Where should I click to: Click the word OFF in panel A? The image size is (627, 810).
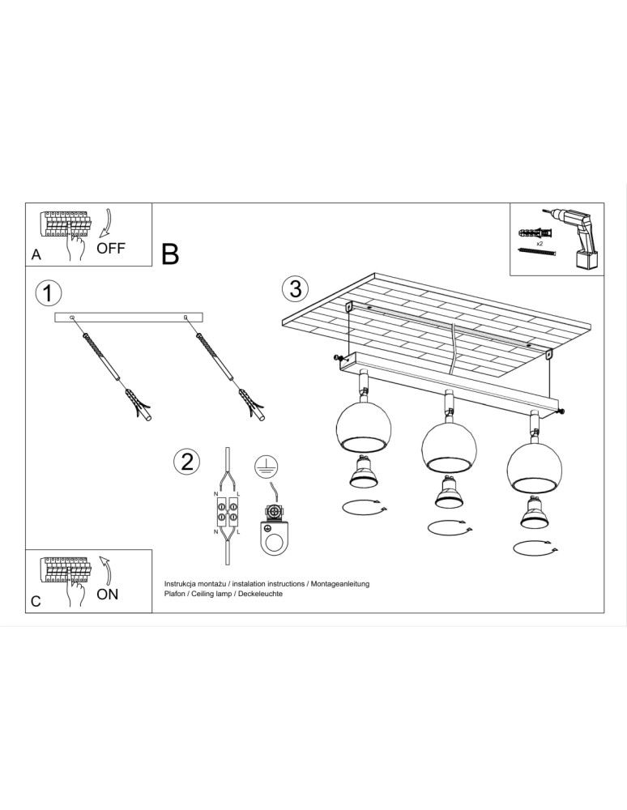pos(111,249)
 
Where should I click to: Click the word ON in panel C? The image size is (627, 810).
pos(107,594)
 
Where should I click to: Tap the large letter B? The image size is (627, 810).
pos(170,254)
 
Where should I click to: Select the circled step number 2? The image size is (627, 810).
pos(187,462)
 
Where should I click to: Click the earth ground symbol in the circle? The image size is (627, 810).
pos(266,466)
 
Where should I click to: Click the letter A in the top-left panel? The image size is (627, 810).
pos(36,254)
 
